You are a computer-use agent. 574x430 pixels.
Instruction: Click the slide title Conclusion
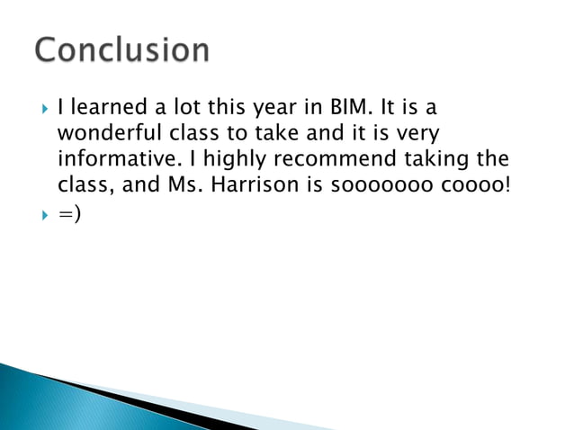click(x=122, y=49)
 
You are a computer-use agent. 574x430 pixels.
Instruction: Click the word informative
click(x=110, y=160)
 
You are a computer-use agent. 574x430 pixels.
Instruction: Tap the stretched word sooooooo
click(x=401, y=186)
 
